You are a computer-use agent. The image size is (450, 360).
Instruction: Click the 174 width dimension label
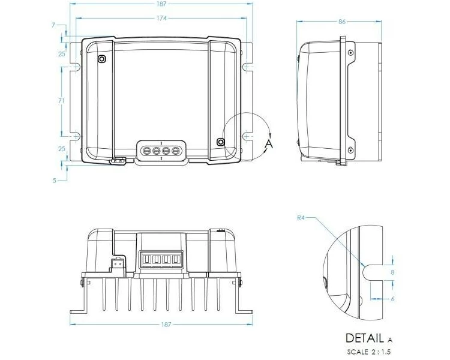click(161, 19)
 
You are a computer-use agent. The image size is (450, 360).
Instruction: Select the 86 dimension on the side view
click(342, 22)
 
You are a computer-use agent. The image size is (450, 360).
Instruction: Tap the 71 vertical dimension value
click(61, 101)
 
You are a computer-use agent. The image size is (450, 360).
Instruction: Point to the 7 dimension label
click(53, 25)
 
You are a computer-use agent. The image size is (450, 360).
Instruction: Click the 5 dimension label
click(54, 181)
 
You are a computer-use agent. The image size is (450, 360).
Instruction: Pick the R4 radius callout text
click(301, 218)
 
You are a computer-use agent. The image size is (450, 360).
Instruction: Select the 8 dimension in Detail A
click(392, 272)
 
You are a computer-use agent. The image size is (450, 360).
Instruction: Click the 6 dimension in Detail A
click(392, 299)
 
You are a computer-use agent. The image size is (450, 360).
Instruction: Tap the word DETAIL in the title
click(365, 338)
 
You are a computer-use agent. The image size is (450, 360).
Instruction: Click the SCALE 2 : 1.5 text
click(369, 352)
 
